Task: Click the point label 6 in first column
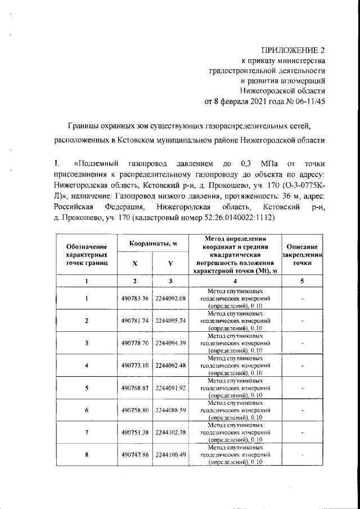coord(86,410)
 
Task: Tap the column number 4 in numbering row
coord(235,281)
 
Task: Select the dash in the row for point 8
coord(302,455)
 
